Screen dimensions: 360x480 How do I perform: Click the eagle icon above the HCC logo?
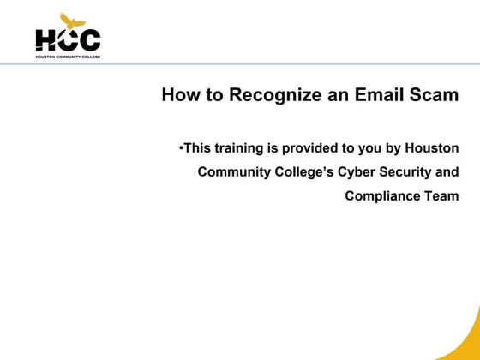click(68, 20)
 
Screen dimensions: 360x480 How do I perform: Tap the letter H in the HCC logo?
click(45, 39)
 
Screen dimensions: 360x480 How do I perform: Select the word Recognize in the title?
click(267, 95)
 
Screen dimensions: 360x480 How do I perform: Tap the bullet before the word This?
click(182, 147)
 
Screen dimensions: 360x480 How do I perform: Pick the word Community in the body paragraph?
click(232, 171)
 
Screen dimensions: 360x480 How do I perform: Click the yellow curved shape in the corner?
click(467, 339)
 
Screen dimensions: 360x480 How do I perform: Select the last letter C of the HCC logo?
click(89, 39)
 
